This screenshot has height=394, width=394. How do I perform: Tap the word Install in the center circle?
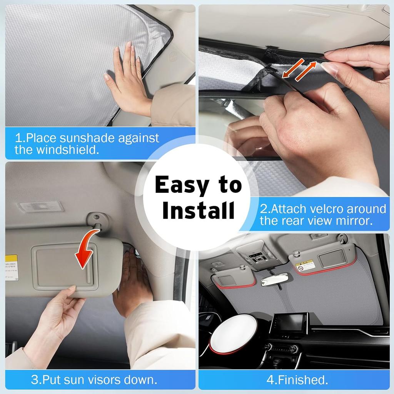pyautogui.click(x=198, y=210)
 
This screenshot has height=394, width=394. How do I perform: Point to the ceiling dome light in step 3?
pyautogui.click(x=40, y=207)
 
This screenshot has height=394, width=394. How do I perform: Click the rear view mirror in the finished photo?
pyautogui.click(x=274, y=279)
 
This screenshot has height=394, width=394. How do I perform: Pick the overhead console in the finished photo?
pyautogui.click(x=257, y=254)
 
